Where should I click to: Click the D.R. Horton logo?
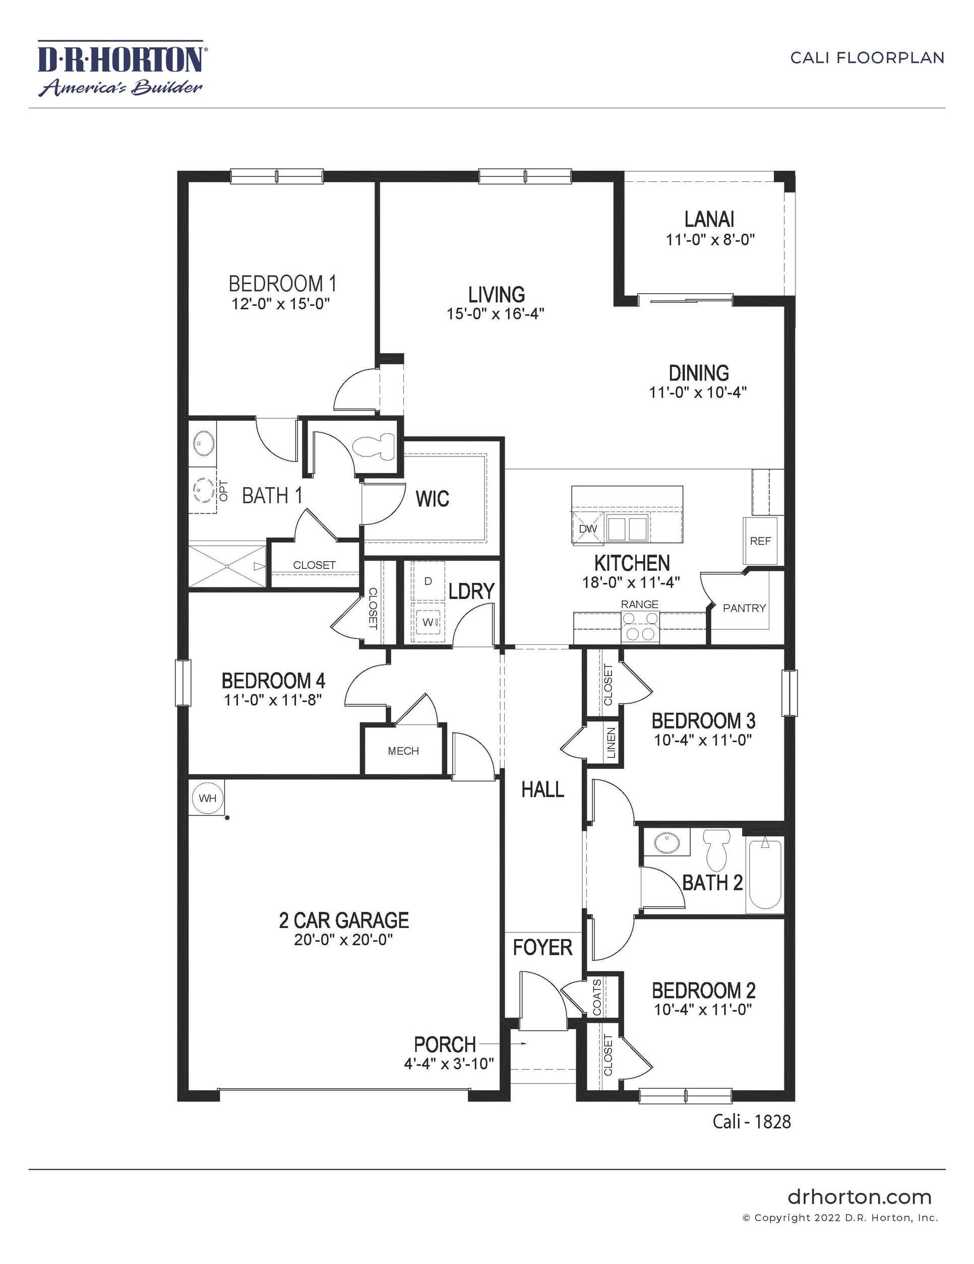[x=120, y=67]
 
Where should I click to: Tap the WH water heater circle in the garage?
[x=207, y=798]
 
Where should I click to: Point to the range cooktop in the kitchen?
[x=640, y=627]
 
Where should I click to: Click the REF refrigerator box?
[x=760, y=541]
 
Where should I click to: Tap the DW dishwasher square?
[x=588, y=528]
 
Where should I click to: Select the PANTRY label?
[x=744, y=608]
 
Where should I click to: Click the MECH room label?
[x=403, y=751]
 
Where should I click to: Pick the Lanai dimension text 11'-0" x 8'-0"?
[x=710, y=240]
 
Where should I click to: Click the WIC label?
[x=432, y=498]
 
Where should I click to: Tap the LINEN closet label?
[x=611, y=743]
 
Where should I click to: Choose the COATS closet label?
[x=597, y=997]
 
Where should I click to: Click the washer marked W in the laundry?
[x=428, y=622]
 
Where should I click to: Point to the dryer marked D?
[x=428, y=581]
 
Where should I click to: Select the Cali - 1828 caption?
[x=751, y=1121]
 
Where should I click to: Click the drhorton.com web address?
[x=860, y=1197]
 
